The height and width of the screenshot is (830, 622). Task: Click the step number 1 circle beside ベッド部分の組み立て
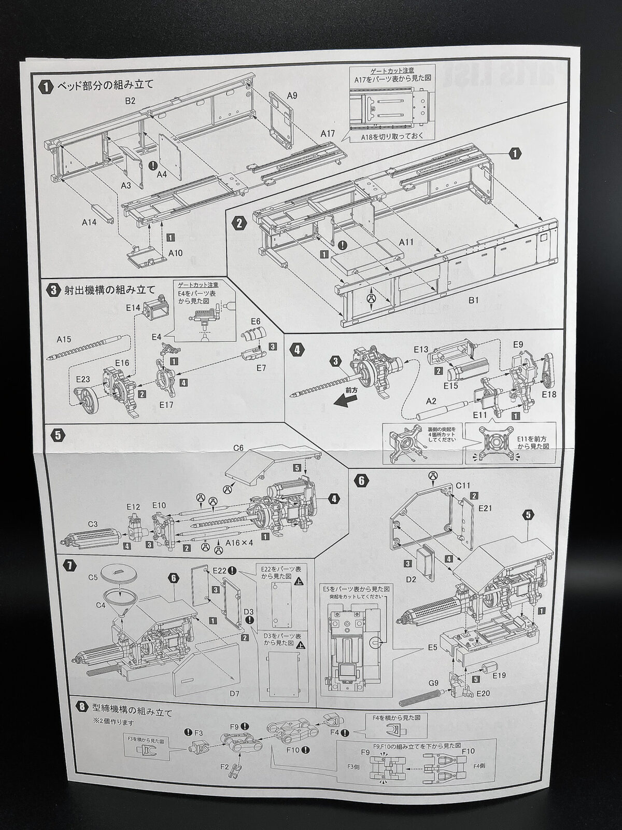click(x=46, y=87)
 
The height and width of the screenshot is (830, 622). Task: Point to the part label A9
click(x=292, y=95)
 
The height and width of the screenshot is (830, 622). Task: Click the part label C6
click(x=238, y=447)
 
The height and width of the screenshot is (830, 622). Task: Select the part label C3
click(x=93, y=524)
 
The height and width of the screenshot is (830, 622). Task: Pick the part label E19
click(x=500, y=675)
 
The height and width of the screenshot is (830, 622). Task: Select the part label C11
click(x=463, y=486)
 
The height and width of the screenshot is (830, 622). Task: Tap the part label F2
click(x=224, y=766)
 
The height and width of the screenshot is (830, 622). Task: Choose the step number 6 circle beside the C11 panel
click(x=361, y=480)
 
